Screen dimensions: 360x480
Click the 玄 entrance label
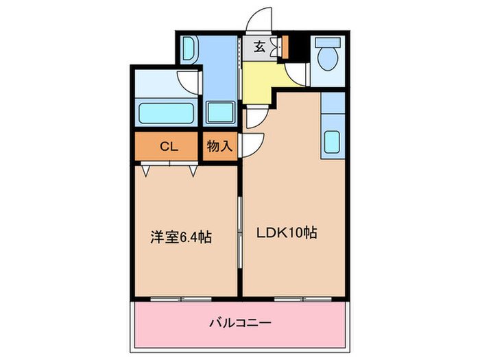260,47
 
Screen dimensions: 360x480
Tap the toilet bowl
326,54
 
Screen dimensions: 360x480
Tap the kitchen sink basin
333,143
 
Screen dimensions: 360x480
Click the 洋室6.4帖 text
181,237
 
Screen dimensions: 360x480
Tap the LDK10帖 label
286,232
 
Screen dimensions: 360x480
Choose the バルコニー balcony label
239,322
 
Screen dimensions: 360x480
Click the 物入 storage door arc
254,145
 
